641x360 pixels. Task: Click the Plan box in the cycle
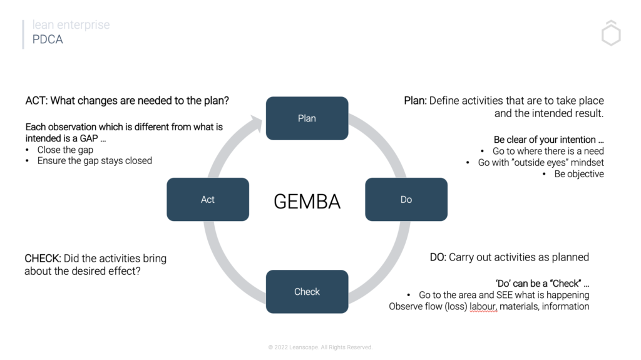pos(307,118)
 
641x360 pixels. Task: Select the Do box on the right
pos(406,199)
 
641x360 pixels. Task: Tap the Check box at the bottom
pos(307,292)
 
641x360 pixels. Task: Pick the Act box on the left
pos(208,199)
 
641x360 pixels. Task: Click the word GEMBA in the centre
pos(307,201)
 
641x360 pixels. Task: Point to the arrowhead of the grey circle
pos(257,119)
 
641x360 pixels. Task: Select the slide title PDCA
pos(48,39)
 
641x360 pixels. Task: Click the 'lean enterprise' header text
pos(71,25)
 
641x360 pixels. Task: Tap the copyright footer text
pos(320,347)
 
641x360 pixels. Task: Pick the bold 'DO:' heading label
pos(438,257)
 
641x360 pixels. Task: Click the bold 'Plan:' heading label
pos(415,101)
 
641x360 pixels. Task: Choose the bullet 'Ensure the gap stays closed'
pos(95,160)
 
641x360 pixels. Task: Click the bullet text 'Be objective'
pos(579,174)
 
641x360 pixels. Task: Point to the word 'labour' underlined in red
pos(483,306)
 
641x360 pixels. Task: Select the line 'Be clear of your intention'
pos(548,139)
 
